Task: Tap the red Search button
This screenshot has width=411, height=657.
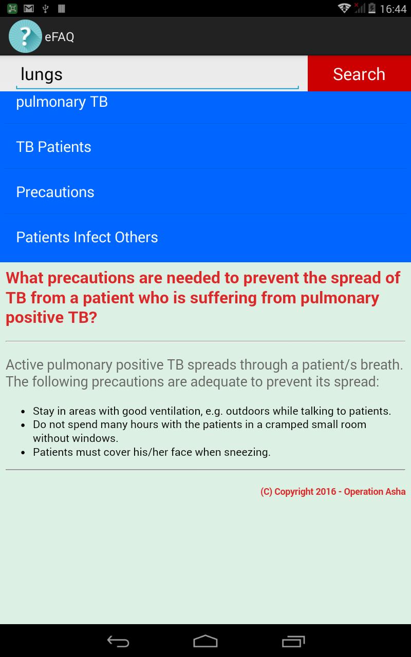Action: coord(359,73)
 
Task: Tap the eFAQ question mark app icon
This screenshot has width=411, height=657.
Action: coord(25,36)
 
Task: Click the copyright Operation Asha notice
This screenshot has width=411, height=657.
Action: coord(333,492)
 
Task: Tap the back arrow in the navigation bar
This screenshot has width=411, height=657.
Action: coord(118,642)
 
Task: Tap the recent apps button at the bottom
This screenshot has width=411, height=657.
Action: coord(293,642)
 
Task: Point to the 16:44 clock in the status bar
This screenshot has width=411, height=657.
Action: coord(393,9)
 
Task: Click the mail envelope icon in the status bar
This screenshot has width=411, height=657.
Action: coord(29,9)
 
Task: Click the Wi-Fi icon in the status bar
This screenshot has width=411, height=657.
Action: coord(344,8)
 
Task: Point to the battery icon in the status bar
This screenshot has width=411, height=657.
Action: coord(372,8)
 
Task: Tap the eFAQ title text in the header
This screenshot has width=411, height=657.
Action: coord(59,37)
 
